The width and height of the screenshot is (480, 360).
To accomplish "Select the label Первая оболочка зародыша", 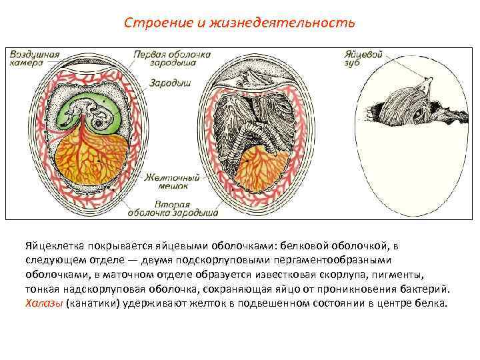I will pos(172,57).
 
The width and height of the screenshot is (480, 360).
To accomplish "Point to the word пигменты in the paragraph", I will pos(407,275).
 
